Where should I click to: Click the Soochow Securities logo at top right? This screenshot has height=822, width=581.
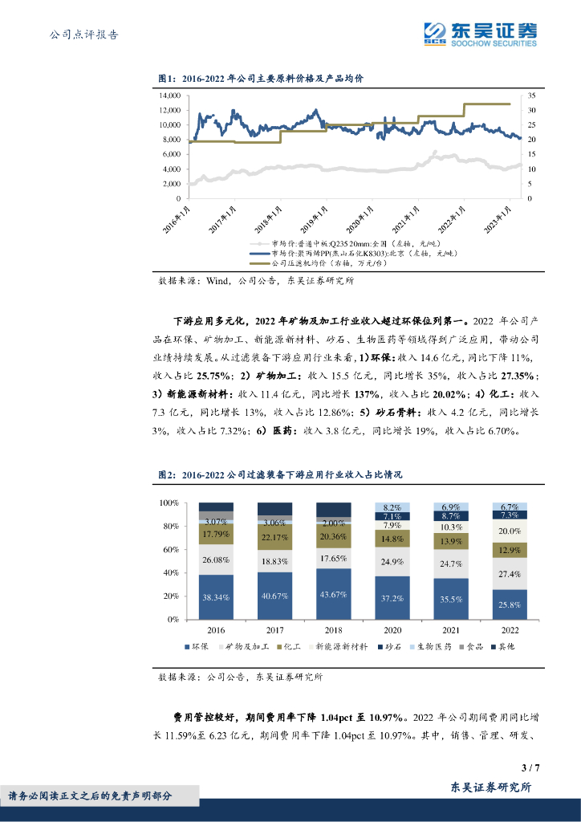(480, 34)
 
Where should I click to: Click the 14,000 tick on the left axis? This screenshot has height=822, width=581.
(169, 95)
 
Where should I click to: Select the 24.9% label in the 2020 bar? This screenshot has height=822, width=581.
(392, 560)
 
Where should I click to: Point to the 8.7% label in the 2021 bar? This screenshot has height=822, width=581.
(451, 516)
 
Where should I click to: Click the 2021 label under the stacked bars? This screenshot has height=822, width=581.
(451, 629)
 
